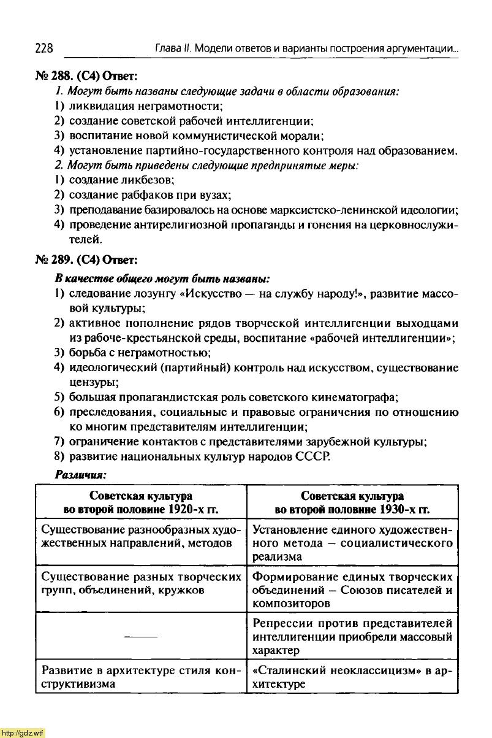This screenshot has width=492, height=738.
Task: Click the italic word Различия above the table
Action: click(x=81, y=475)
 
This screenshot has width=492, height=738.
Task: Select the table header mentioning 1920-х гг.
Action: click(x=141, y=502)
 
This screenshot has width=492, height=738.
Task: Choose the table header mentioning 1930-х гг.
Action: click(x=352, y=502)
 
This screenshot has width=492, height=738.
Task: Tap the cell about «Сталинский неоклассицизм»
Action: click(x=352, y=677)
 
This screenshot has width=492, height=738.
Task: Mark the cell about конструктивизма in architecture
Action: click(x=141, y=677)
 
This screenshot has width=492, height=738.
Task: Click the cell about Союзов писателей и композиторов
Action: click(x=352, y=590)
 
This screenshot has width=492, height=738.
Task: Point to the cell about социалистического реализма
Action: click(x=352, y=543)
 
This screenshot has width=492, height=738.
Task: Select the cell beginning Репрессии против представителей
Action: click(x=352, y=636)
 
